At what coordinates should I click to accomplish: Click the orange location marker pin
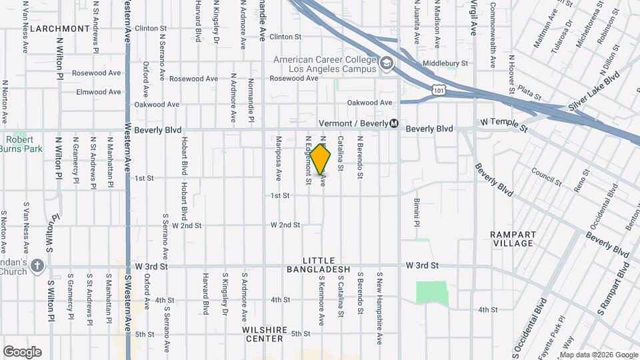(x=321, y=159)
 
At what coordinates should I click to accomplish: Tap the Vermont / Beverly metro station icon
(x=394, y=123)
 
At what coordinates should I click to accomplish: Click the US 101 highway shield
(x=437, y=89)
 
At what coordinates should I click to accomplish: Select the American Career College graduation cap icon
(x=385, y=64)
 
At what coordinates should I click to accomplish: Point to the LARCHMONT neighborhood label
(x=60, y=29)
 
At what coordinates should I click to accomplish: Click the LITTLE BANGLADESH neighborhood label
(x=318, y=265)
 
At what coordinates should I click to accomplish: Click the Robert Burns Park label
(x=25, y=145)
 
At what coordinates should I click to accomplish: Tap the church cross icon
(x=37, y=266)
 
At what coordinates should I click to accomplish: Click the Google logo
(x=22, y=351)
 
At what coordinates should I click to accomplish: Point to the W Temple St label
(x=503, y=123)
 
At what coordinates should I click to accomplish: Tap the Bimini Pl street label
(x=416, y=212)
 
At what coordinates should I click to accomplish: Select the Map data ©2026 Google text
(x=598, y=354)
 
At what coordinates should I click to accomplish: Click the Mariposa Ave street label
(x=279, y=159)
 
